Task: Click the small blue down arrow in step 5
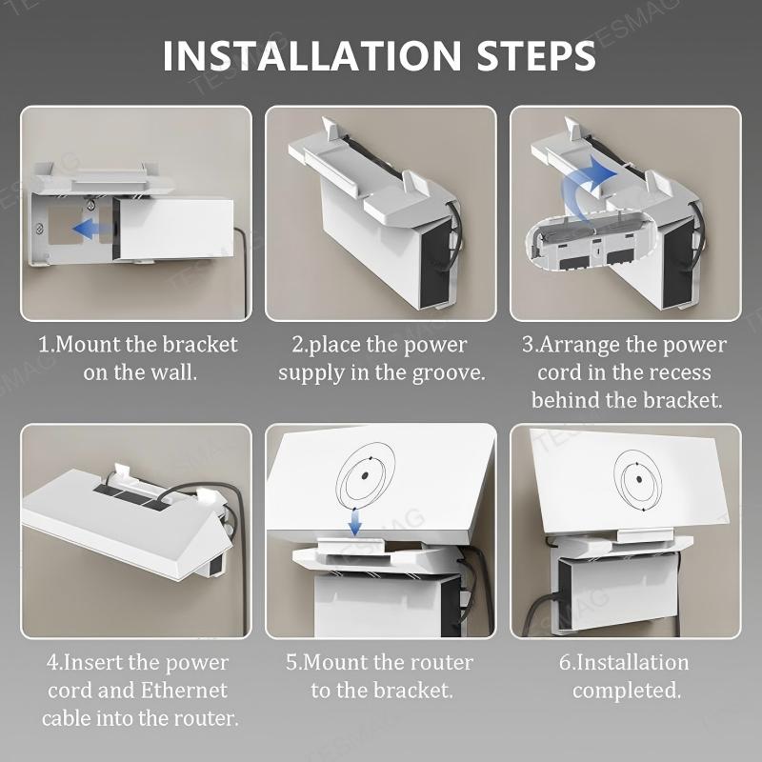pyautogui.click(x=354, y=521)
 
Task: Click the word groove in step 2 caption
pyautogui.click(x=446, y=371)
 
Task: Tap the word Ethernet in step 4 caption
pyautogui.click(x=182, y=690)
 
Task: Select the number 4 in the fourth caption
pyautogui.click(x=51, y=662)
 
